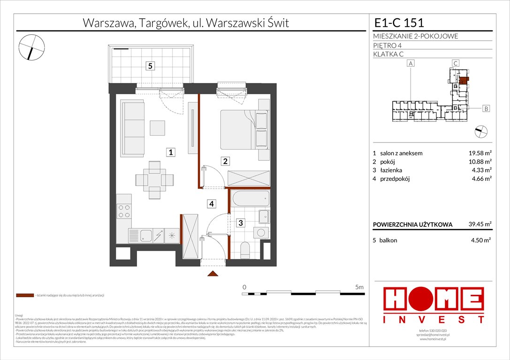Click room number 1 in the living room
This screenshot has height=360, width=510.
click(172, 152)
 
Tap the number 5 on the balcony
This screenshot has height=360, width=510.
click(150, 66)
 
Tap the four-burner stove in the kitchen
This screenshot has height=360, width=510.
click(124, 212)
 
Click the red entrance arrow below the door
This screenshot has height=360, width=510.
click(213, 274)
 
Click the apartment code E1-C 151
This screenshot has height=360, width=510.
click(399, 22)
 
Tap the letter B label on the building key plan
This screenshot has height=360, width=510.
click(486, 109)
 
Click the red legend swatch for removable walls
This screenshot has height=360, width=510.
click(24, 296)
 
